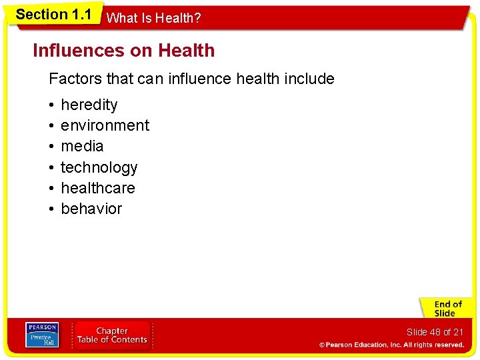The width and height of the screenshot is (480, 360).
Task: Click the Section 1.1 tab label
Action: [53, 15]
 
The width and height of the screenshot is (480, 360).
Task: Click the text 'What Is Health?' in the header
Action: [153, 19]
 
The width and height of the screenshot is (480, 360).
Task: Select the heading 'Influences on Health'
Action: [124, 51]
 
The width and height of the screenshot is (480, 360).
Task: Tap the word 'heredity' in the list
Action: [89, 105]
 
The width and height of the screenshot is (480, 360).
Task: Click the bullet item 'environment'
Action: [105, 125]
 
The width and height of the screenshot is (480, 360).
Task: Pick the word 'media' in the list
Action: [82, 146]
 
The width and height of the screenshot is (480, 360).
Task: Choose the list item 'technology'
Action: [99, 167]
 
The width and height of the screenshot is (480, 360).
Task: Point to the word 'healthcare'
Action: [97, 188]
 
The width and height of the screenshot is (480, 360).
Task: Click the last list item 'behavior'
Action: [91, 209]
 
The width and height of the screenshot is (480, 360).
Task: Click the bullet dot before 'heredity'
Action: [51, 105]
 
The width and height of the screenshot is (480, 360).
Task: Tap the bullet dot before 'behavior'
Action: [51, 209]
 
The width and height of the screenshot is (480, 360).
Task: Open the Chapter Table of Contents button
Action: [112, 335]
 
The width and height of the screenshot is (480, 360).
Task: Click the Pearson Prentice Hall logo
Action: [42, 335]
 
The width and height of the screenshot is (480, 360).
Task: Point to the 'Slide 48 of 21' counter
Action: [434, 332]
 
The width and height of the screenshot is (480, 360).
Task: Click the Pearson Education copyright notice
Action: [391, 345]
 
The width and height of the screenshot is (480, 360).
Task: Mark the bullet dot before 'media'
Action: [51, 147]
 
